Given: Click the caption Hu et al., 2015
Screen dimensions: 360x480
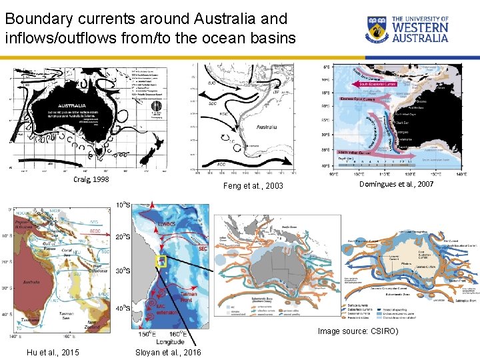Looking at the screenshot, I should tap(51, 351).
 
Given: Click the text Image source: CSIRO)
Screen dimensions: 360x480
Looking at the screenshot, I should tap(357, 331).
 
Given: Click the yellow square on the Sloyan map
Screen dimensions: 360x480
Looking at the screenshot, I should tap(159, 262).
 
